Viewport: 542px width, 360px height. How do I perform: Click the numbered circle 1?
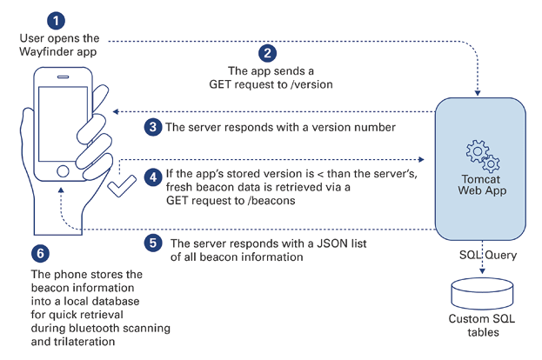click(x=56, y=19)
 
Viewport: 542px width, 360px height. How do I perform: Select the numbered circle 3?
click(x=152, y=127)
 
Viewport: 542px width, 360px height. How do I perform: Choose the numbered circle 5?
click(x=152, y=243)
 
